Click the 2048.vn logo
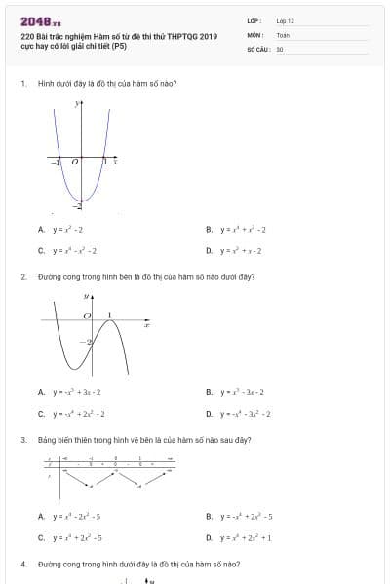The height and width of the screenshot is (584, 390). (x=40, y=21)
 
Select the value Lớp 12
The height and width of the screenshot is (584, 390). (x=285, y=20)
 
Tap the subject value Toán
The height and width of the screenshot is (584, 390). (x=282, y=34)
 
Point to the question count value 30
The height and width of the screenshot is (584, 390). (x=280, y=48)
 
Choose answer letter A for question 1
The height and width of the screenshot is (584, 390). (x=41, y=230)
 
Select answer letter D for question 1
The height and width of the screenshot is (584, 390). (x=210, y=250)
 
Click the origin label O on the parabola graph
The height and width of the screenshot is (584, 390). (x=74, y=163)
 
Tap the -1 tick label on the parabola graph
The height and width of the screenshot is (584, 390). (x=56, y=163)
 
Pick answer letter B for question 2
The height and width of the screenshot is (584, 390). (x=210, y=392)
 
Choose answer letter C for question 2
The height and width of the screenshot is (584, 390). (x=41, y=413)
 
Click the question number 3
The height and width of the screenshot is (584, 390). (x=22, y=440)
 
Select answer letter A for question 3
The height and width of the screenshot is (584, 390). (x=41, y=516)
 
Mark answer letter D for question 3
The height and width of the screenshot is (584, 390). (x=210, y=536)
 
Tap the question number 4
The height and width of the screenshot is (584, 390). (x=22, y=565)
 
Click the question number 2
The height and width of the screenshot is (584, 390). (x=22, y=276)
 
